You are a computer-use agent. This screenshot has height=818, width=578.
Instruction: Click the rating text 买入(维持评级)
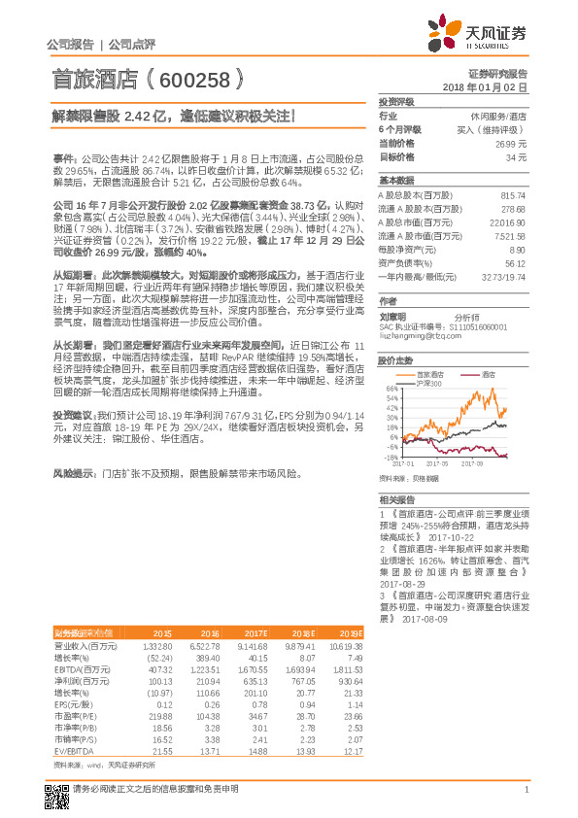pyautogui.click(x=499, y=128)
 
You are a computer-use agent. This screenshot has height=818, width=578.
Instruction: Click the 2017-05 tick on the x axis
pyautogui.click(x=436, y=464)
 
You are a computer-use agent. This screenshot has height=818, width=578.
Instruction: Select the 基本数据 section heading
pyautogui.click(x=394, y=181)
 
